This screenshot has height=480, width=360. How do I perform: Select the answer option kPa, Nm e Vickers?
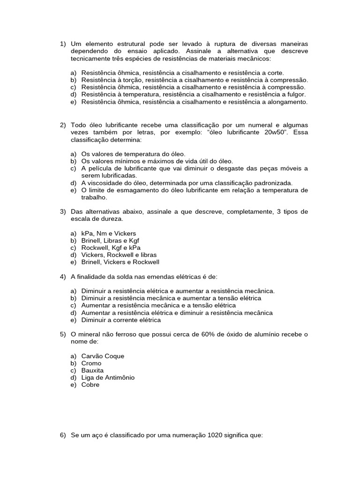[x=108, y=233]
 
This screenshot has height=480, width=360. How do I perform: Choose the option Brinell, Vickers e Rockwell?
[x=120, y=262]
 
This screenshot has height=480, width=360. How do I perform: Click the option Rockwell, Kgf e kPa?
[x=111, y=247]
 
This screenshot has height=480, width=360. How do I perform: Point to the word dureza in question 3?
[x=113, y=219]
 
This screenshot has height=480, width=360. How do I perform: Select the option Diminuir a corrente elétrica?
[x=121, y=320]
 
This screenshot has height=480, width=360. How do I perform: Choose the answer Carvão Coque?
[x=103, y=356]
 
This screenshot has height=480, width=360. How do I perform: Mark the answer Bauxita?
[x=93, y=370]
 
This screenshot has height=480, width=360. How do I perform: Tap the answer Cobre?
[x=90, y=385]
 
